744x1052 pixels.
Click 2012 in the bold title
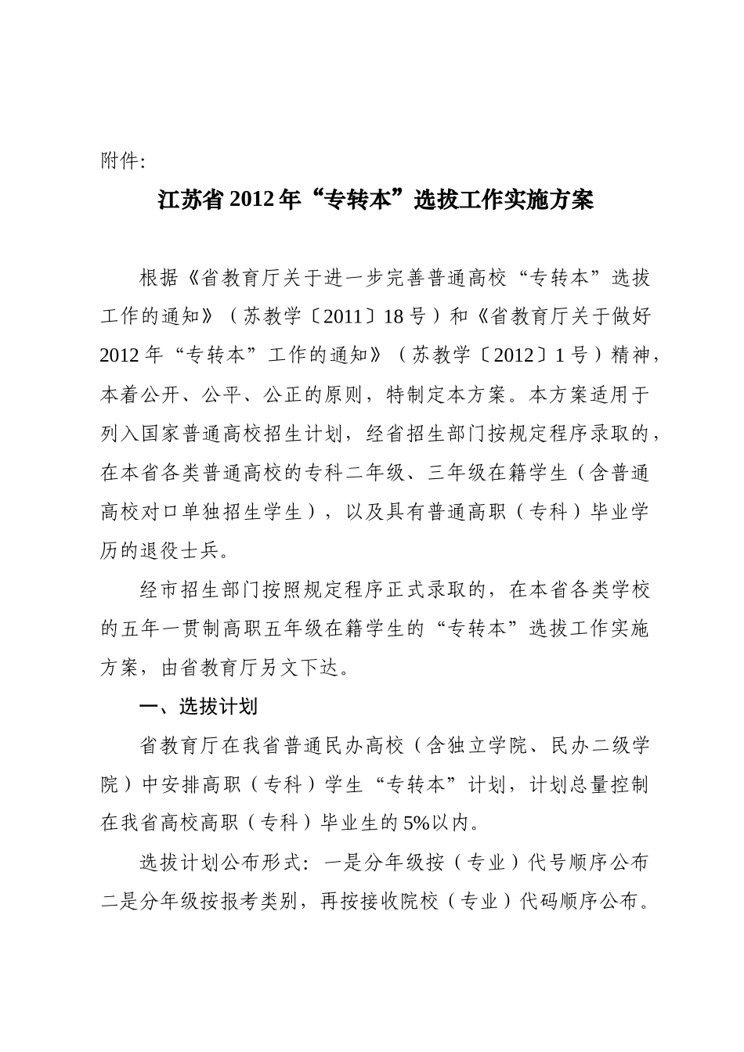point(250,200)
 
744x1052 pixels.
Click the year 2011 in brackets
point(343,316)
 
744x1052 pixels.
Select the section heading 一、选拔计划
point(197,707)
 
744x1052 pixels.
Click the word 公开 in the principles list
point(161,394)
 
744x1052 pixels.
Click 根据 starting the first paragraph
point(159,277)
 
